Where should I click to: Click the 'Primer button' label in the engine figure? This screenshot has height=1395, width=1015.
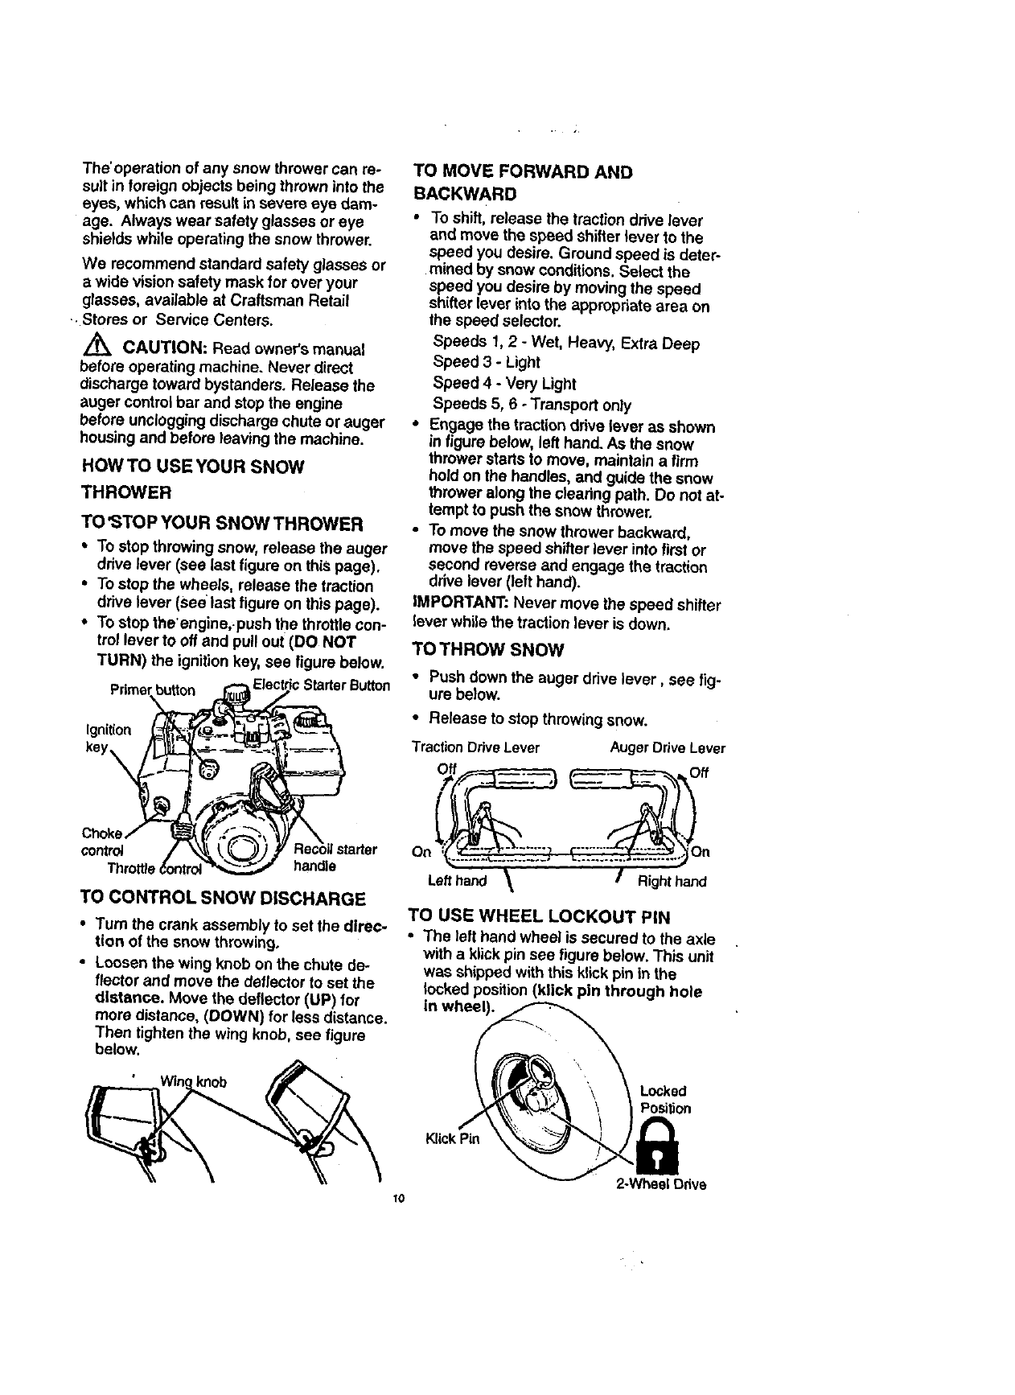pyautogui.click(x=152, y=690)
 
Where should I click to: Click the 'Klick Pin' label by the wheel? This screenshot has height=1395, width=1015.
pyautogui.click(x=453, y=1138)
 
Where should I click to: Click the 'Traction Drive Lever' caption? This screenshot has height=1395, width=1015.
pyautogui.click(x=475, y=747)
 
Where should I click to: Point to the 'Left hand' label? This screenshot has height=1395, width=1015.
pyautogui.click(x=457, y=881)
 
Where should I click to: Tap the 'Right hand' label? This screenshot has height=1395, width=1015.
pyautogui.click(x=672, y=881)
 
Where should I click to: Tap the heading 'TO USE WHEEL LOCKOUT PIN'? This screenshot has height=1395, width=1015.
pyautogui.click(x=539, y=916)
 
